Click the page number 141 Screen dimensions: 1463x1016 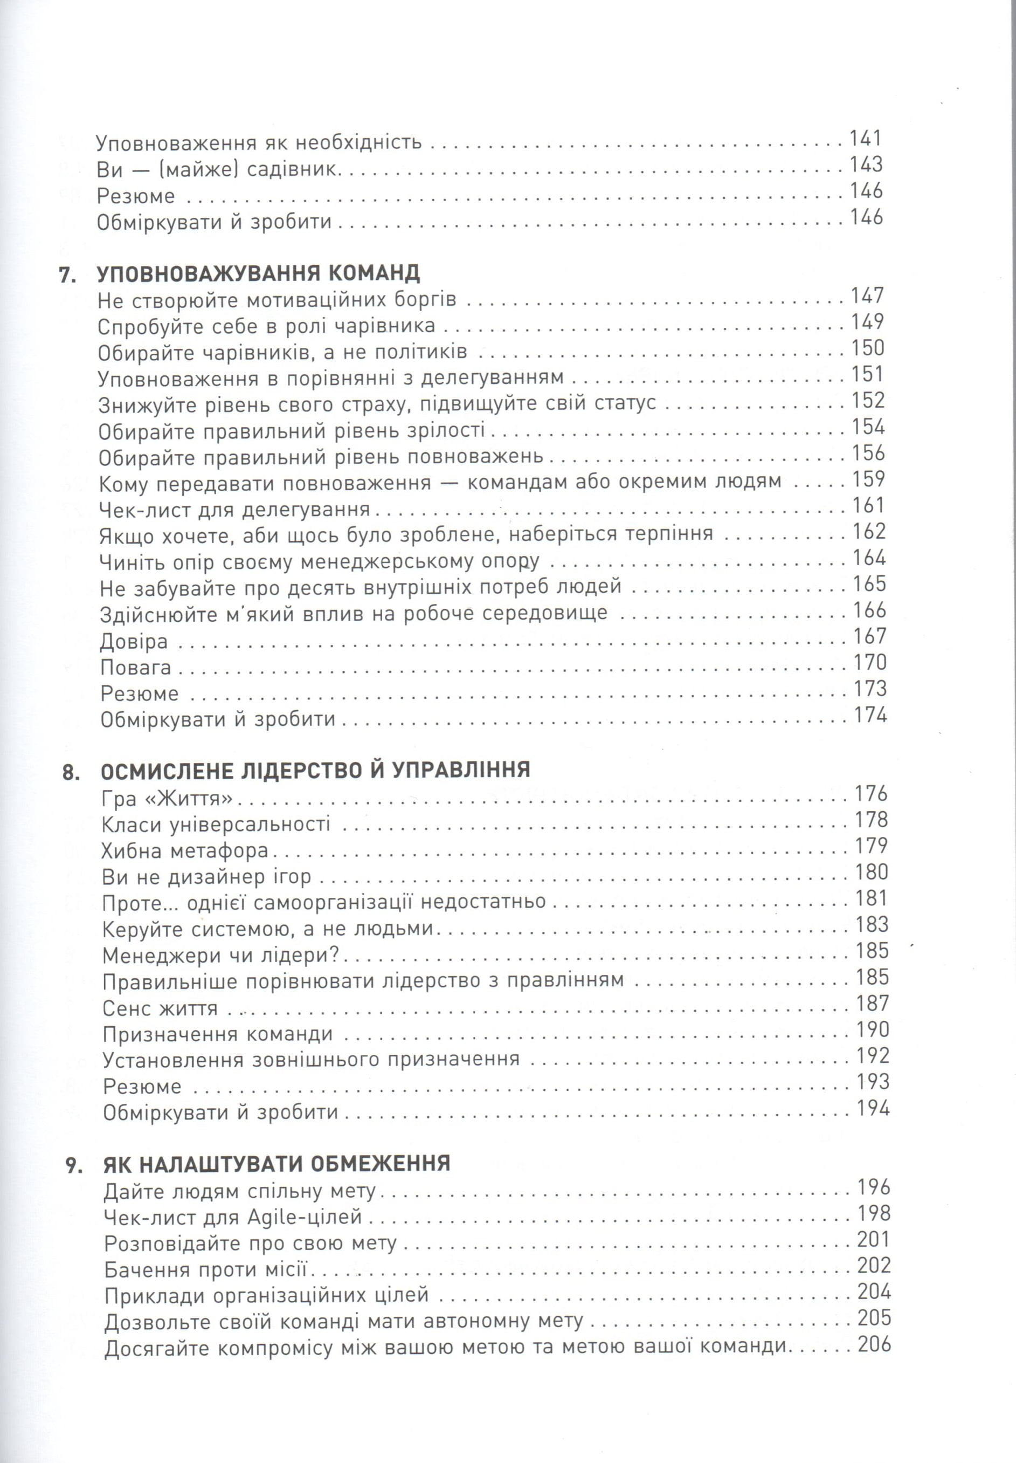pyautogui.click(x=866, y=139)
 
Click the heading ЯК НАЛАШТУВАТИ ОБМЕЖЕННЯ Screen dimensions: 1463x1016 pyautogui.click(x=277, y=1164)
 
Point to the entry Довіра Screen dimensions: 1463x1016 pyautogui.click(x=134, y=641)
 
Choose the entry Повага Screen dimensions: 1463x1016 pyautogui.click(x=136, y=668)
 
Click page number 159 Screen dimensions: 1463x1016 pyautogui.click(x=869, y=479)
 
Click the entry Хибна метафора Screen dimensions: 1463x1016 pyautogui.click(x=185, y=851)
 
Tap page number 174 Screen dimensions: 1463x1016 pyautogui.click(x=870, y=715)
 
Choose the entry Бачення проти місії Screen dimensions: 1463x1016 pyautogui.click(x=205, y=1270)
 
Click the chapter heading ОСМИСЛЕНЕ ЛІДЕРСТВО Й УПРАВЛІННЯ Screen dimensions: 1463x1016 pyautogui.click(x=315, y=770)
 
